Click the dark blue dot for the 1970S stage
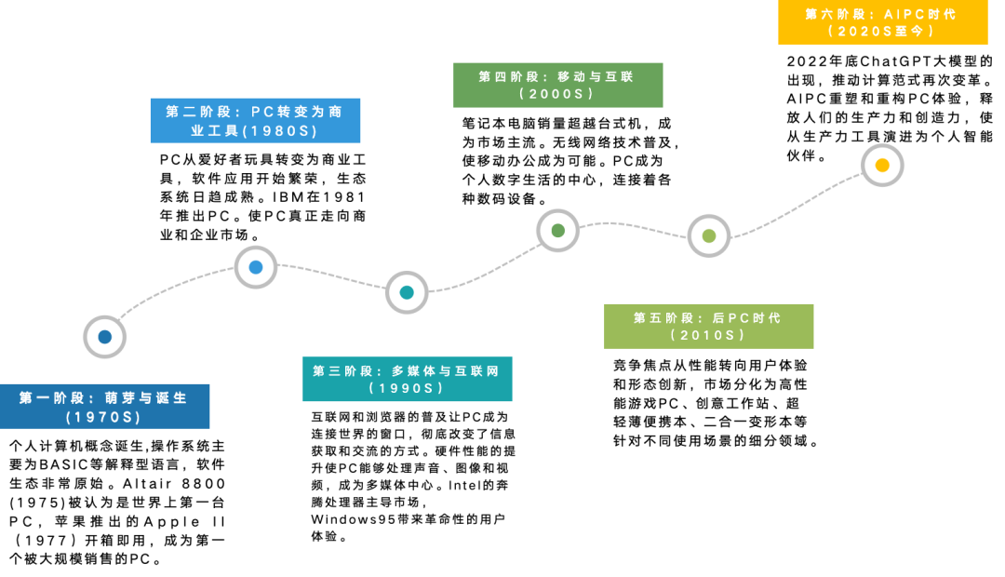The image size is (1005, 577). [x=104, y=337]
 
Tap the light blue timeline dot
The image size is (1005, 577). [x=256, y=267]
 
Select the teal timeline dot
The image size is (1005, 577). [x=407, y=292]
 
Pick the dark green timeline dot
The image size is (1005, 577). [x=557, y=230]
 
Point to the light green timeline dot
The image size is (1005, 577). [x=709, y=235]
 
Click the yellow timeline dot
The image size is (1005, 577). [x=882, y=165]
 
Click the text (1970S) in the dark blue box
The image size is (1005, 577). [x=104, y=417]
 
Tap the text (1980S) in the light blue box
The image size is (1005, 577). [x=280, y=131]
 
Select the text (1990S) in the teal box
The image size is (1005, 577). [x=408, y=388]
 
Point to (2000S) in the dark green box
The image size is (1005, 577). [x=557, y=94]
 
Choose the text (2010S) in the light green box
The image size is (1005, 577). [x=709, y=335]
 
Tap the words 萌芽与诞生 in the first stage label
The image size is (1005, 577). [x=146, y=398]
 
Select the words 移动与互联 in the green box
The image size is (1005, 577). [x=596, y=77]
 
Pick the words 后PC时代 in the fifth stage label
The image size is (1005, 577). [x=746, y=318]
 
